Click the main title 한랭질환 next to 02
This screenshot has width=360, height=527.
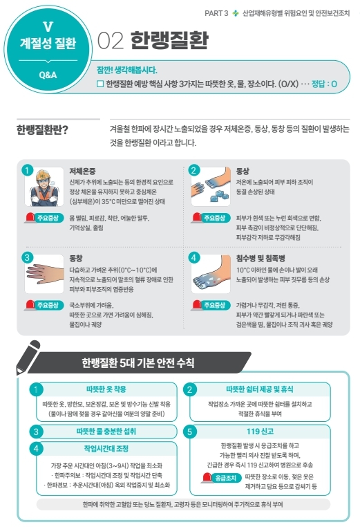169,41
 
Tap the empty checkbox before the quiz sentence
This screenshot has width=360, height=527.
100,84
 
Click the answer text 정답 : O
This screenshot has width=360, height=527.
324,84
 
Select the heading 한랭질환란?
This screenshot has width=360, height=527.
42,129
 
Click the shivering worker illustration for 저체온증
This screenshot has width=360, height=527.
44,187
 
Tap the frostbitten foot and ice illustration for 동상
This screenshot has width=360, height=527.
211,187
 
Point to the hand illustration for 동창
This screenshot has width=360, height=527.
44,274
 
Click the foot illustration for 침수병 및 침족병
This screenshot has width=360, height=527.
211,274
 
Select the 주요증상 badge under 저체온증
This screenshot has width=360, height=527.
44,218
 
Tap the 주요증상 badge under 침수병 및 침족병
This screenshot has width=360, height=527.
211,305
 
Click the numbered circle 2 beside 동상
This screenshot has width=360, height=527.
193,170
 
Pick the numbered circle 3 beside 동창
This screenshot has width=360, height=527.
27,258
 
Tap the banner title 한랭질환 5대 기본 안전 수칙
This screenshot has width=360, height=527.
138,362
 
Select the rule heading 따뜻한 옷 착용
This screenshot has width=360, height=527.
106,389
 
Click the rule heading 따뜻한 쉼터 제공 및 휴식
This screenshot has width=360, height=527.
260,389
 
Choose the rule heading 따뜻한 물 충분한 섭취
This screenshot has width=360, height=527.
106,431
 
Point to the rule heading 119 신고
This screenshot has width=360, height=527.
260,431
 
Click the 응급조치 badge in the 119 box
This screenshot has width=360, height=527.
222,478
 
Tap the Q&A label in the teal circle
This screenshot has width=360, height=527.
48,75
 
